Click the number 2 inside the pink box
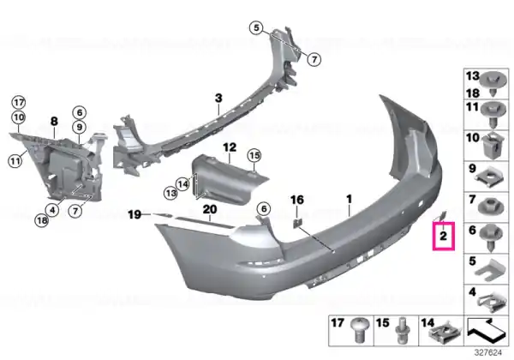point(443,236)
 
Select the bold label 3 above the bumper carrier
point(218,98)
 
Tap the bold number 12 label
point(230,147)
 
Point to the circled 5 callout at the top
point(256,28)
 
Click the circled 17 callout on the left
point(19,103)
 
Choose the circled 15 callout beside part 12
point(254,155)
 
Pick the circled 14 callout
point(183,184)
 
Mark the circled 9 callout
point(80,127)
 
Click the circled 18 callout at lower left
point(42,220)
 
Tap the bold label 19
point(134,215)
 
